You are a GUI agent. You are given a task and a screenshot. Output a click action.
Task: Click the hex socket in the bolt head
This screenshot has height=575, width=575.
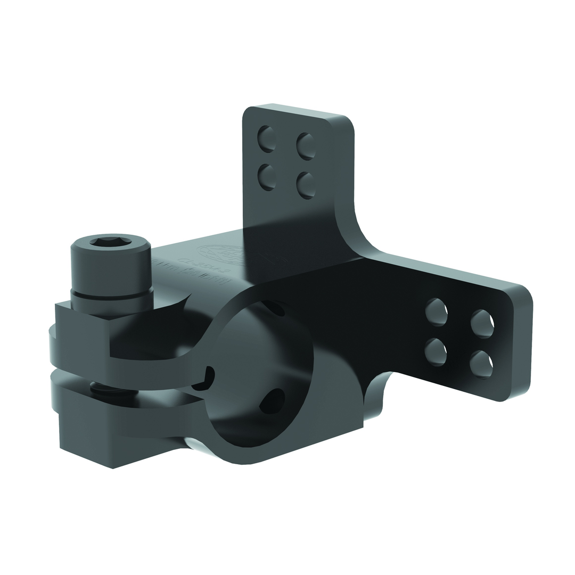pyautogui.click(x=111, y=242)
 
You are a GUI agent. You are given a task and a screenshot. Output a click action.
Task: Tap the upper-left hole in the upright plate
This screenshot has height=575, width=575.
pyautogui.click(x=266, y=138)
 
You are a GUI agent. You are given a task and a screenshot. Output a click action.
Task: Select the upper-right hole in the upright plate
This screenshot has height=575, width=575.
pyautogui.click(x=306, y=146)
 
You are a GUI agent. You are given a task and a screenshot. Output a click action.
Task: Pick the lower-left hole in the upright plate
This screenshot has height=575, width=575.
pyautogui.click(x=266, y=177)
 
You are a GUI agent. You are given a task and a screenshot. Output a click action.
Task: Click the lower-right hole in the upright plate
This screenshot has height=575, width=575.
pyautogui.click(x=306, y=185)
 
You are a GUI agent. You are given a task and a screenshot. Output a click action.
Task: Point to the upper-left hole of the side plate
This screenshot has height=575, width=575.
pyautogui.click(x=436, y=312)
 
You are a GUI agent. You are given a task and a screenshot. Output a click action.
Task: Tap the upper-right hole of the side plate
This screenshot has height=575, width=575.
pyautogui.click(x=482, y=323)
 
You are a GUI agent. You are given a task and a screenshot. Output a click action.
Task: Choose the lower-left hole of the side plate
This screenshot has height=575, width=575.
pyautogui.click(x=436, y=352)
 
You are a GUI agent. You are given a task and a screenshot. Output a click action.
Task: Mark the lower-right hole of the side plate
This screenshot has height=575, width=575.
pyautogui.click(x=481, y=364)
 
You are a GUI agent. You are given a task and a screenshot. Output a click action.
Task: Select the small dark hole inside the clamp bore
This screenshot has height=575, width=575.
pyautogui.click(x=273, y=400)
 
